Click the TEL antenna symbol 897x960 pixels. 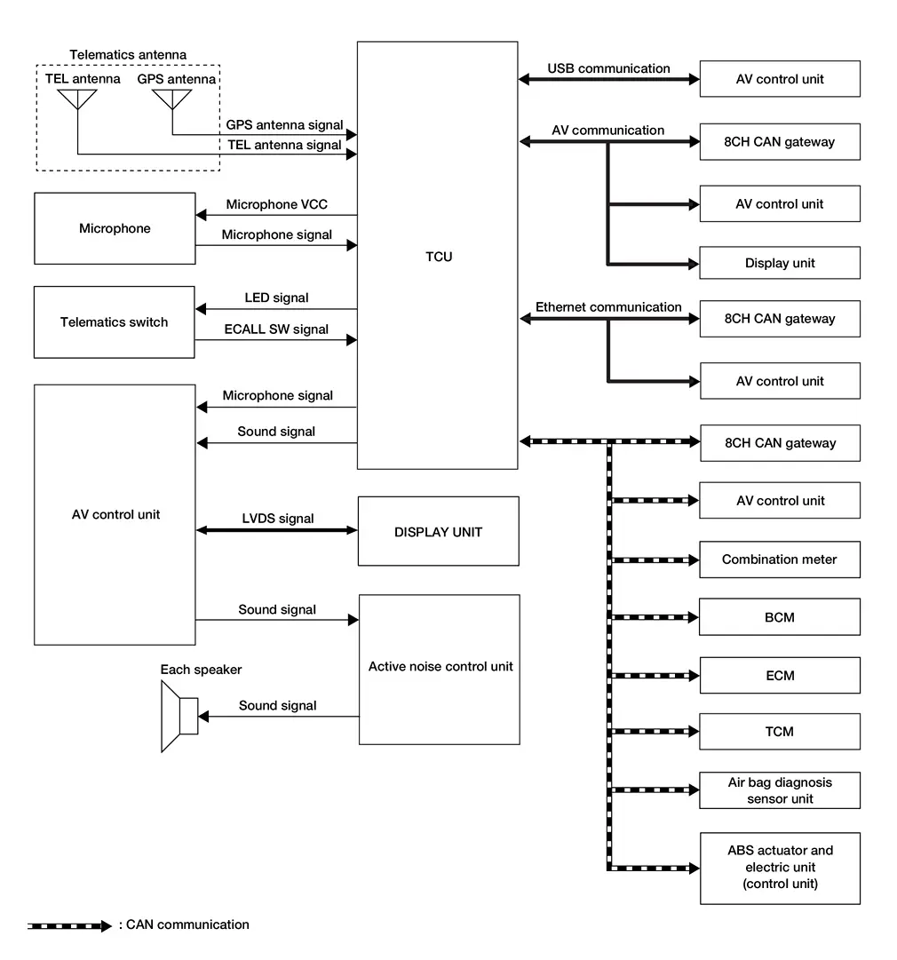78,99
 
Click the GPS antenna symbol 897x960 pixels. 171,99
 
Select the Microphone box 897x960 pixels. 115,228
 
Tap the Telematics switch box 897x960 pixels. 114,322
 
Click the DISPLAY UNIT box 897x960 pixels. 438,531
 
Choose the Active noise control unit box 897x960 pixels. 439,669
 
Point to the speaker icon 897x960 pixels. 179,716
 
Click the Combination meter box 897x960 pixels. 779,559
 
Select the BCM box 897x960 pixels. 779,617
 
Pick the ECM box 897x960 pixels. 779,675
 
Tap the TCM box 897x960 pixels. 779,732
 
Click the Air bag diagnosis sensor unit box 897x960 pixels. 779,790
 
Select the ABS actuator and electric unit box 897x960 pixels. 779,868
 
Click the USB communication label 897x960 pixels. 608,68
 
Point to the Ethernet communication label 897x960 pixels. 608,307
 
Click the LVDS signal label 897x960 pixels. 277,519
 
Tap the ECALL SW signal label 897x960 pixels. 276,329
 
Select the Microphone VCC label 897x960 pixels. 276,204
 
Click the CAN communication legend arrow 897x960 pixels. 69,925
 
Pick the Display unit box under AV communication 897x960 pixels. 779,263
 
